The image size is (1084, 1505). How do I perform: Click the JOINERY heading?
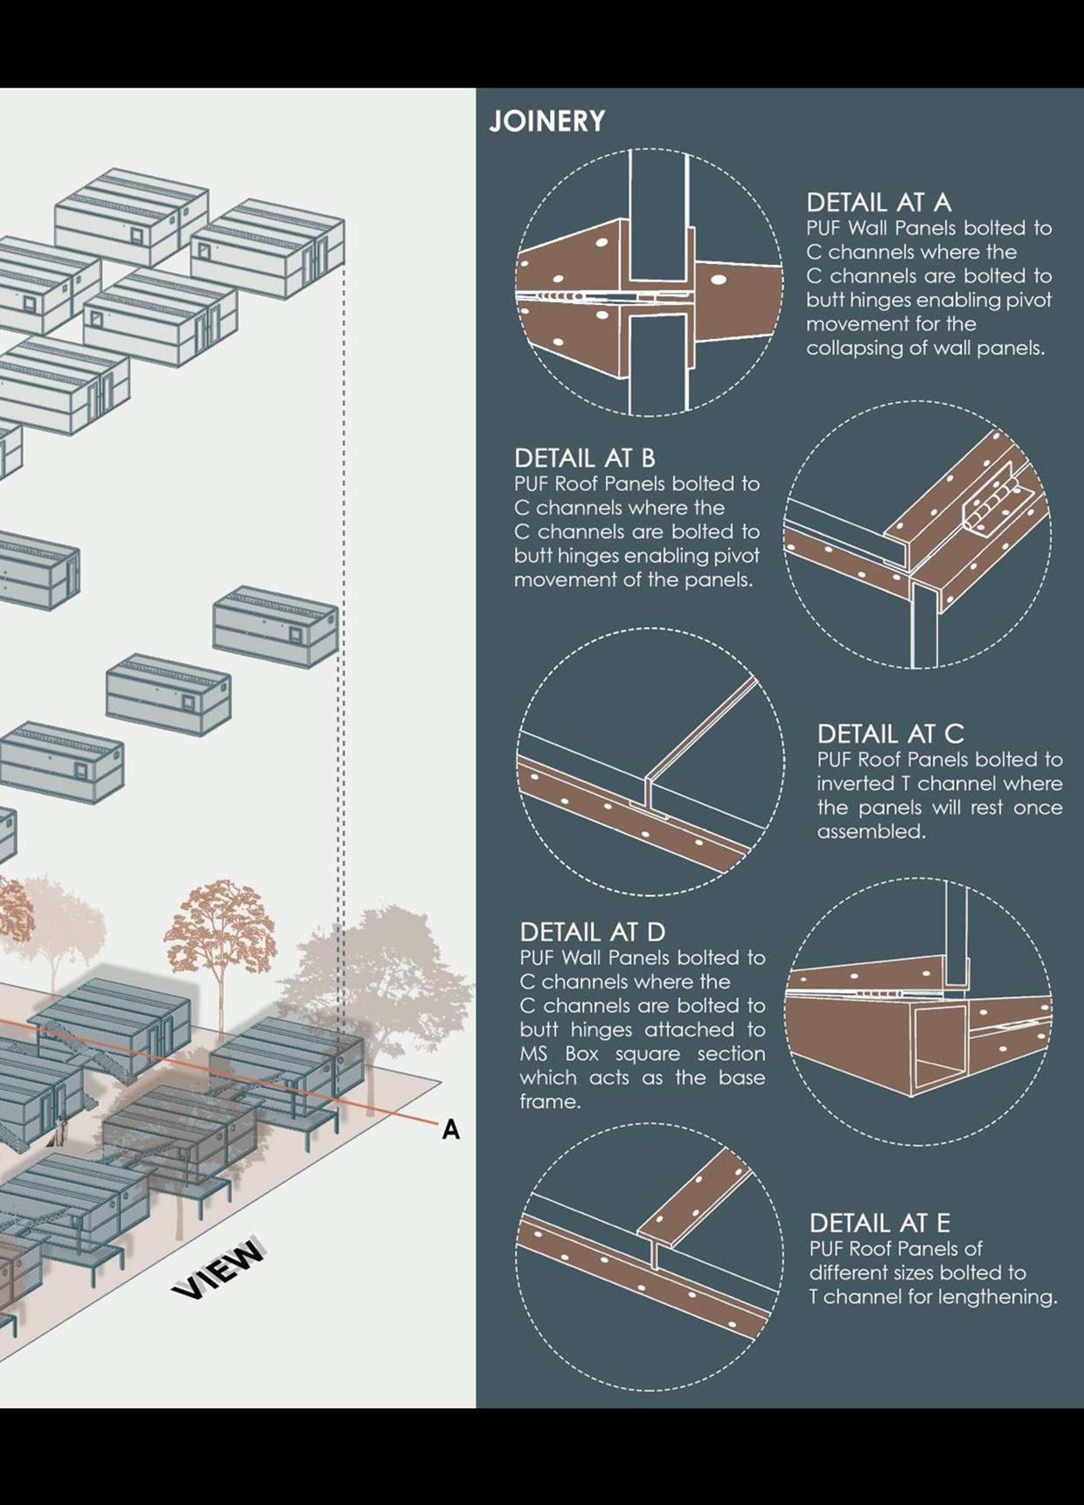point(546,121)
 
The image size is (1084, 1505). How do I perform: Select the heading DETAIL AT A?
point(878,203)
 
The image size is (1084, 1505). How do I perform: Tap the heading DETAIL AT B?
point(584,458)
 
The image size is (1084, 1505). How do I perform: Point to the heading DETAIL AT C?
point(890,733)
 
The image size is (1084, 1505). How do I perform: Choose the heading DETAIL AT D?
point(592,932)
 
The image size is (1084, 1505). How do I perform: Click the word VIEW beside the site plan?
point(218,1268)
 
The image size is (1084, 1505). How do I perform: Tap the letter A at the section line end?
point(450,1130)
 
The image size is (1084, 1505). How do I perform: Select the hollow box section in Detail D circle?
point(940,1044)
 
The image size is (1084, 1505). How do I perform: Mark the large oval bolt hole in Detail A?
point(719,281)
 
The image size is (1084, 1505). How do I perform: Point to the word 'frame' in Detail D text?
point(548,1101)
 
